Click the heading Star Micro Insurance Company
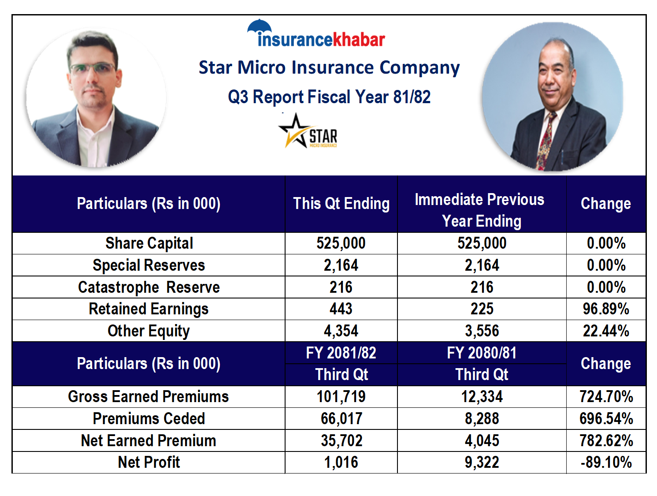coord(329,67)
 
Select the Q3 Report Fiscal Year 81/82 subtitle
coord(329,97)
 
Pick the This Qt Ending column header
coord(341,204)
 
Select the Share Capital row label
coord(149,243)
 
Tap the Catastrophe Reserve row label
coord(149,287)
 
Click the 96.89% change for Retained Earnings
coord(606,309)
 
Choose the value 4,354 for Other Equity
coord(341,331)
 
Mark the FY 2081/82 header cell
coord(341,353)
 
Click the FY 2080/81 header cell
coord(482,353)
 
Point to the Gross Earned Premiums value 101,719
coord(341,397)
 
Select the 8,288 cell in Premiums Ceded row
coord(482,419)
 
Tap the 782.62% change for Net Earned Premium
coord(606,440)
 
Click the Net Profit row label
coord(149,462)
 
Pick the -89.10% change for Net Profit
coord(606,462)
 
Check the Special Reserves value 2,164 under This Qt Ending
coord(341,265)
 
